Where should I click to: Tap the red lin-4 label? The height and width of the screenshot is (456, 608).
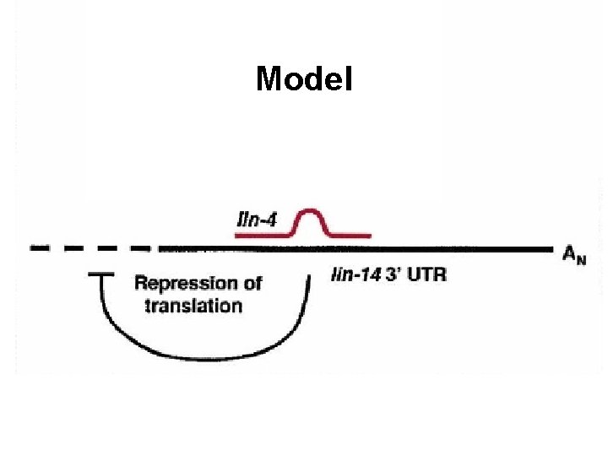click(x=257, y=220)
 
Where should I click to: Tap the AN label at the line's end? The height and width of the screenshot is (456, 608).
click(x=573, y=253)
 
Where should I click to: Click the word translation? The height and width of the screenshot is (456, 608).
click(x=193, y=306)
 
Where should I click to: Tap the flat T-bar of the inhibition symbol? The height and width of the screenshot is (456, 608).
click(x=101, y=274)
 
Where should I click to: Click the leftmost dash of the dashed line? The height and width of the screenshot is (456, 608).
click(x=41, y=248)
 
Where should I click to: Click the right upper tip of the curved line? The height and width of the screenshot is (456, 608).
click(x=308, y=279)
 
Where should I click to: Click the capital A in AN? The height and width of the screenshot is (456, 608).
click(x=569, y=252)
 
